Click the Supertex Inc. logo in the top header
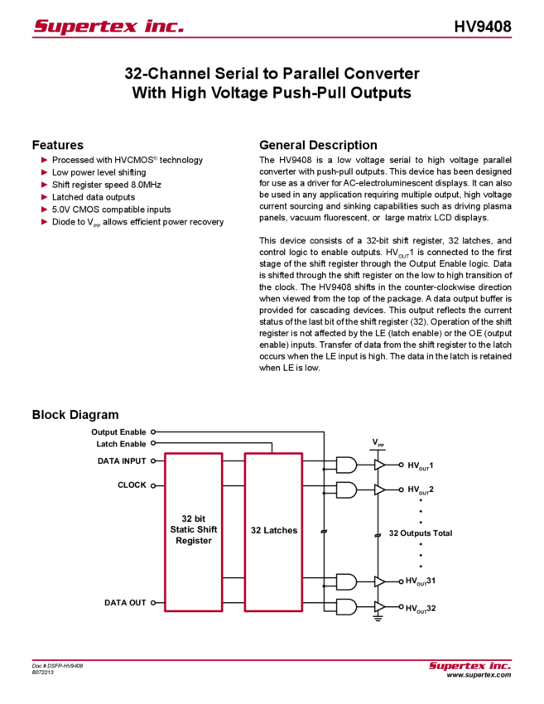pyautogui.click(x=108, y=27)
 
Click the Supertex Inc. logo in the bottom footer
pyautogui.click(x=469, y=665)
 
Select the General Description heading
pyautogui.click(x=318, y=143)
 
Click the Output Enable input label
pyautogui.click(x=119, y=432)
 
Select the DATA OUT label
pyautogui.click(x=125, y=603)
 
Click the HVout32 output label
pyautogui.click(x=421, y=607)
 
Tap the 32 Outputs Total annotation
pyautogui.click(x=420, y=533)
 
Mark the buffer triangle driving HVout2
pyautogui.click(x=380, y=489)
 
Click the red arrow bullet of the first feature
pyautogui.click(x=45, y=159)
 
